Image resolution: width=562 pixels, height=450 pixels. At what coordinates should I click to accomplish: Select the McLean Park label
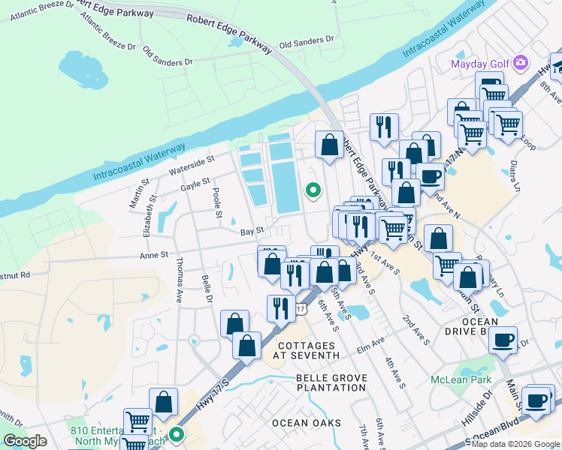[460, 379]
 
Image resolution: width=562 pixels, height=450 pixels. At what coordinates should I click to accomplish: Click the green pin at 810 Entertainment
[177, 434]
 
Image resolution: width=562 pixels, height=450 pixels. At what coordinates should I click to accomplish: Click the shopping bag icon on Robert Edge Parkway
[329, 144]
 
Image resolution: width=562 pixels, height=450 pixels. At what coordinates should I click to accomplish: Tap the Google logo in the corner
[26, 441]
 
